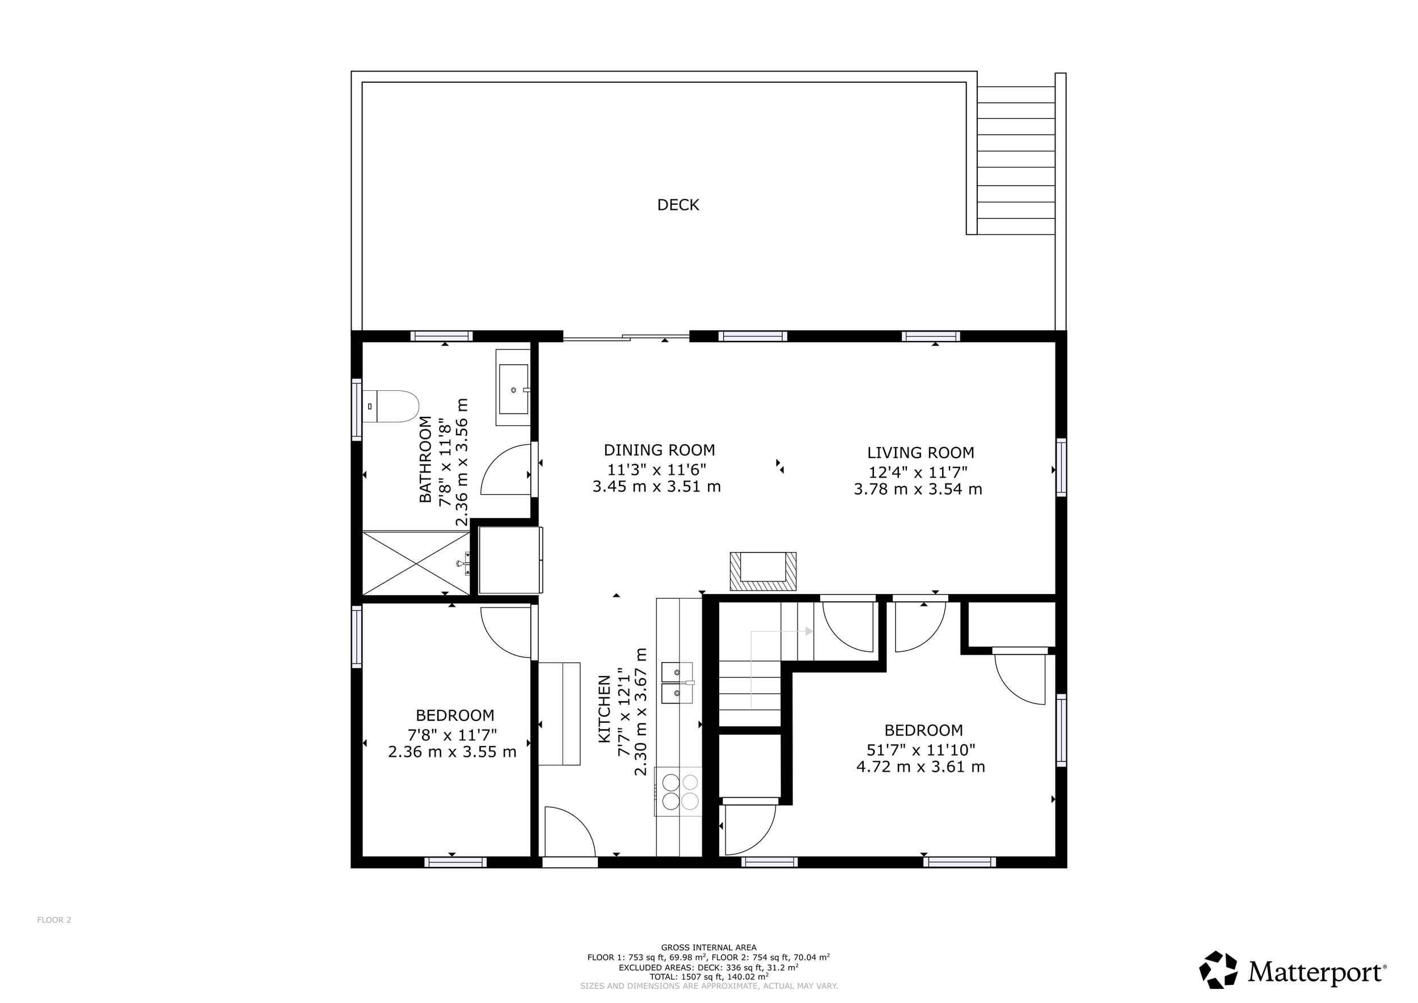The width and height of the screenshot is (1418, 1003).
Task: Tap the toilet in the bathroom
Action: point(390,406)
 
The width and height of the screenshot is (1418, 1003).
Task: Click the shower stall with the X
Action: point(416,563)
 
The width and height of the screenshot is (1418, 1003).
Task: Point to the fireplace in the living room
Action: point(763,571)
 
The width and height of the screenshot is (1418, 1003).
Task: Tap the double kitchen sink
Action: point(677,682)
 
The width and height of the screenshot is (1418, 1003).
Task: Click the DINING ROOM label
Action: point(659,450)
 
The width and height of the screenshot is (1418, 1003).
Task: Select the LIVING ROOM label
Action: point(920,453)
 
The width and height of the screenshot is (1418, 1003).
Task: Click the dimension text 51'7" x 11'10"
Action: point(921,750)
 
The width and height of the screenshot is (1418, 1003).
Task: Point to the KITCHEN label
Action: point(605,717)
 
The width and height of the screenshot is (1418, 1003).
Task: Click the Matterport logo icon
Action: point(1218,969)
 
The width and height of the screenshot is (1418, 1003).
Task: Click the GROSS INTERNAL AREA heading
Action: point(708,947)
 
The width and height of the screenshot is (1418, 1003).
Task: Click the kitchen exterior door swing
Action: point(569,831)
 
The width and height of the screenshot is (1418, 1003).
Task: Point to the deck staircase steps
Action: point(1016,161)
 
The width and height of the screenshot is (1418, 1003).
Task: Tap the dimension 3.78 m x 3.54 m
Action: point(918,490)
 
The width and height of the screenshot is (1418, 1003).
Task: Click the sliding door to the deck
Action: point(626,337)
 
